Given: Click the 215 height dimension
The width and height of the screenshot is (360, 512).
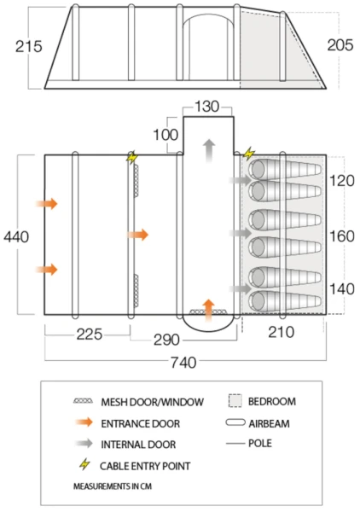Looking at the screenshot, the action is coord(29,46).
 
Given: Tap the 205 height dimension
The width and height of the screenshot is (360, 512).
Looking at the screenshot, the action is coord(340,44).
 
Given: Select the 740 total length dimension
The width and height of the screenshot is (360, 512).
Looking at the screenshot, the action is coord(183,363).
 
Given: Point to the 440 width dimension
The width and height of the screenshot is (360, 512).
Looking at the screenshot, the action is coord(16,236).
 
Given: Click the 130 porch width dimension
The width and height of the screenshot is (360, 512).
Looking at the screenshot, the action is coord(207,107).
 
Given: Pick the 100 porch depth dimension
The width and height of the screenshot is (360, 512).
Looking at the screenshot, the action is coord(165,135).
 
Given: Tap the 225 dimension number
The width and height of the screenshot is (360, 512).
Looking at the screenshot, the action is coord(90,335).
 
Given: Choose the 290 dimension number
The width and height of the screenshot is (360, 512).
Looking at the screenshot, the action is coord(167,340).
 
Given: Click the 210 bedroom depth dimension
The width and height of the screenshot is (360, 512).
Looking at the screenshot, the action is coord(281,332).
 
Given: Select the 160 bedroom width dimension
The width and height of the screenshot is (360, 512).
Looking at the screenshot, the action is coord(342,236).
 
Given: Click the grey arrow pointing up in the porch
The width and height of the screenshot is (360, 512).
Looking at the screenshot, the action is coord(209,151).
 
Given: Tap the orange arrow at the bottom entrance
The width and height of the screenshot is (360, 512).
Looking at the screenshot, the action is coord(208,310).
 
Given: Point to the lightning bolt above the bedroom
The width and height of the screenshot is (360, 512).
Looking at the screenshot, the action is coord(249,154).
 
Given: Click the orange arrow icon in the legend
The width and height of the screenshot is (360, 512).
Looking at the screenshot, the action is coord(84,422).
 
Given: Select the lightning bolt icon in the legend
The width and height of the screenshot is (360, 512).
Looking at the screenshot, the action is coord(84,464).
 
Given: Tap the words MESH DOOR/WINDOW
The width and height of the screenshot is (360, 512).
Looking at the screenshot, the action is coord(152,402).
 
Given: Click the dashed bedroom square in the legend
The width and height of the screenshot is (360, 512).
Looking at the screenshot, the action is coord(235,401).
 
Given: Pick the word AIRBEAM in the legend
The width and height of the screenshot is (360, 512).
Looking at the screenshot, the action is coord(269,423).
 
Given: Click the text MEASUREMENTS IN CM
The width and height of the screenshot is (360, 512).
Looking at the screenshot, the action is coord(113,486).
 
